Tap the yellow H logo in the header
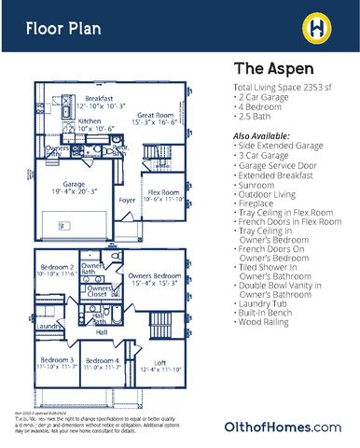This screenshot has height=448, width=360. click(316, 28)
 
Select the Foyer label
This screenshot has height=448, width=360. click(127, 199)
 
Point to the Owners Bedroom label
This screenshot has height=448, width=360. click(154, 277)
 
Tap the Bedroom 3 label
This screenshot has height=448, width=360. click(57, 361)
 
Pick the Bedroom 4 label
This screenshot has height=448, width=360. click(103, 361)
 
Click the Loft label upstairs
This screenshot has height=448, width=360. click(159, 361)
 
